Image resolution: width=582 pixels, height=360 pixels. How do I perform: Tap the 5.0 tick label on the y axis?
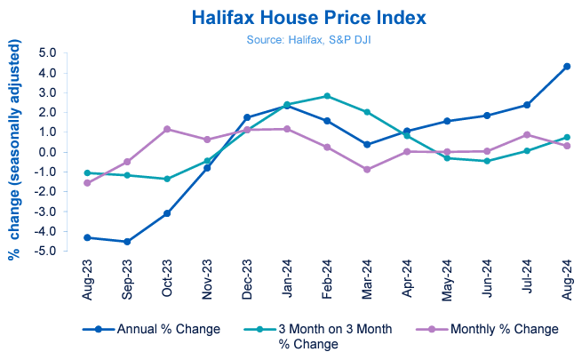[46, 52]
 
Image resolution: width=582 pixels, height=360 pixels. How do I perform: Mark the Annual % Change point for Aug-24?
[567, 67]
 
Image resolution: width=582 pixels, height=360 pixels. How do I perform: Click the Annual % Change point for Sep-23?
[127, 242]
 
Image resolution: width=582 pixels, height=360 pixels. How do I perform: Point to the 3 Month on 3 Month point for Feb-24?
[327, 96]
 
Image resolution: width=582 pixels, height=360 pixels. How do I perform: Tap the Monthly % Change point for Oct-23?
[167, 130]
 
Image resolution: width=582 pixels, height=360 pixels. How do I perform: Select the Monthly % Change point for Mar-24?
[367, 169]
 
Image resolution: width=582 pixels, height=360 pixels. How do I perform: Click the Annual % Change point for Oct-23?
[167, 213]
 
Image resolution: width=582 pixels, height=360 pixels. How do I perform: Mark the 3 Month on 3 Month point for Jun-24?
[487, 161]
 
